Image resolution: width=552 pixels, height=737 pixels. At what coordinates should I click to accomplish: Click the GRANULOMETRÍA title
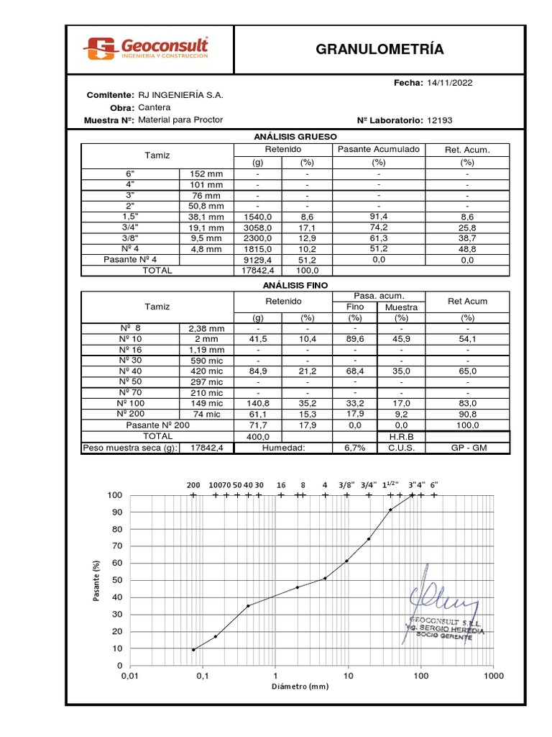coord(380,49)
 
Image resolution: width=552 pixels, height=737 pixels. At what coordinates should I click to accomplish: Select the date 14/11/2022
coord(449,83)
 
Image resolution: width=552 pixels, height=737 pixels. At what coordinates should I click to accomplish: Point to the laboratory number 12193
coord(439,120)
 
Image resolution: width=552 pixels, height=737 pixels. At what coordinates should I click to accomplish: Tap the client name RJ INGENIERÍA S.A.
coord(180,95)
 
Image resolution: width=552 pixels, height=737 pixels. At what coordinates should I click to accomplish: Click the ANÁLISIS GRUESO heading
coord(295,136)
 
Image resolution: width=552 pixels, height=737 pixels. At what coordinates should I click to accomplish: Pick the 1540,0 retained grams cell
coord(257,217)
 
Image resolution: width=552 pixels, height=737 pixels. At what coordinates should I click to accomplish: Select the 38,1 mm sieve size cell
coord(206,217)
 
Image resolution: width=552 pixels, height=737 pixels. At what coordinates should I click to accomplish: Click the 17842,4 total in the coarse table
coord(257,271)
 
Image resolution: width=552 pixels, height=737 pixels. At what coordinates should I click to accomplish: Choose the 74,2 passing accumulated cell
coord(379,227)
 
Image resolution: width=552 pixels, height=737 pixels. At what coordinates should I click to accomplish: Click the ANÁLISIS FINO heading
coord(295,285)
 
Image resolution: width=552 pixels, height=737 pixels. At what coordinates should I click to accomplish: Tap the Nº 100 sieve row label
coord(129,404)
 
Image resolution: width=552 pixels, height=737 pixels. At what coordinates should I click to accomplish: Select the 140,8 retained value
coord(257,404)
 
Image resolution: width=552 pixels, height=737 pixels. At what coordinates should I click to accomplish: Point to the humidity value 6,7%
coord(355,448)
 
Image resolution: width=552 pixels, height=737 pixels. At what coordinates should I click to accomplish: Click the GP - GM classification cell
coord(468,448)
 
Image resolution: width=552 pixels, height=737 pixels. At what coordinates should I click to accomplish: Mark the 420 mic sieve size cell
coord(206,371)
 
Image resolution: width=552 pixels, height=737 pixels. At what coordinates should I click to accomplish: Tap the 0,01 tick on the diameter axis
coord(129,677)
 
